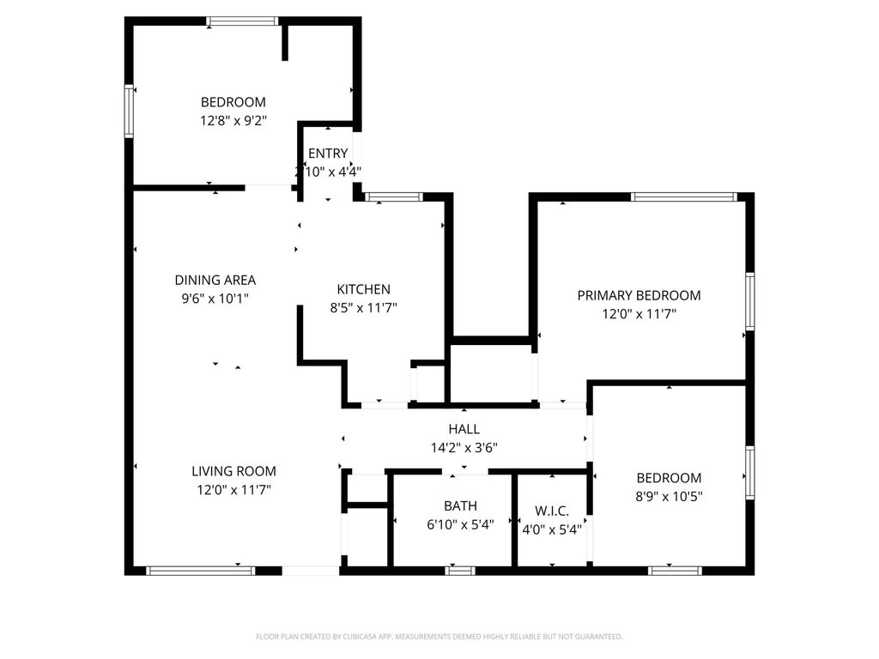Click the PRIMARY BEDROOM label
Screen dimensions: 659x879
pos(639,295)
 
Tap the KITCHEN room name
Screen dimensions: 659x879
pos(363,289)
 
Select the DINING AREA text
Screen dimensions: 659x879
pos(215,280)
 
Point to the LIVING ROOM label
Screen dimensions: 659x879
pos(233,470)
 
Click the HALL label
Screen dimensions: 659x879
pos(464,429)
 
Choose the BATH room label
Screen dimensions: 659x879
pos(461,506)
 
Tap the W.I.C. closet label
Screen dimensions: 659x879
pos(552,511)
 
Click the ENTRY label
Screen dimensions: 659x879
pos(328,154)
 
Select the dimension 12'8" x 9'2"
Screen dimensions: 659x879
pos(233,121)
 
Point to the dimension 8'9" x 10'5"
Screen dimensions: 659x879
pos(669,496)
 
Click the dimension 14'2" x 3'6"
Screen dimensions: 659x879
pos(464,447)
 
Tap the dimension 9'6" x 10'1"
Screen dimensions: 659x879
pos(215,299)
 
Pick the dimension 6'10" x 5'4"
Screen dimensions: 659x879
pos(461,525)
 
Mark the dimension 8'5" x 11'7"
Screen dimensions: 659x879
pos(363,307)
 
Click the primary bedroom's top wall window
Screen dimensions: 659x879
pos(684,196)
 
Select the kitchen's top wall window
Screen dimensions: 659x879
pos(394,196)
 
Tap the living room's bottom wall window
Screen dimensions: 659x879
pos(200,570)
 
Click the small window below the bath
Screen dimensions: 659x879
pos(461,570)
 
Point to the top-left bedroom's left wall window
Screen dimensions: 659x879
pos(130,111)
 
